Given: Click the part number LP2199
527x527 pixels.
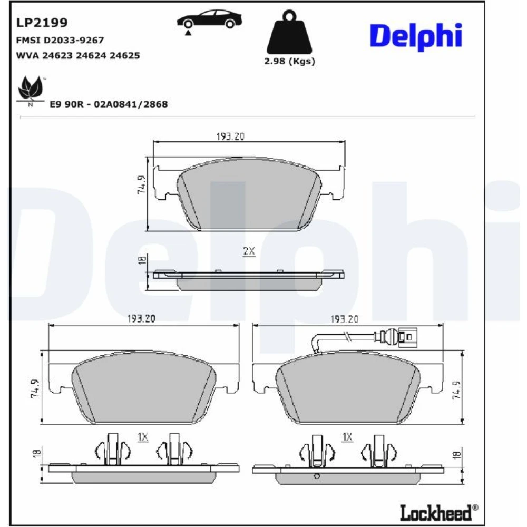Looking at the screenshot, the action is (x=42, y=23).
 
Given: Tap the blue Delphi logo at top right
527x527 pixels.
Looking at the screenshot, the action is (x=416, y=36).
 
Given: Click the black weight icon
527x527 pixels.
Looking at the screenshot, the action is (x=289, y=32).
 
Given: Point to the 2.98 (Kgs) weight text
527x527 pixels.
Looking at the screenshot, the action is (x=289, y=61).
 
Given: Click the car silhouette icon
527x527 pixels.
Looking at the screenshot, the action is (x=209, y=21).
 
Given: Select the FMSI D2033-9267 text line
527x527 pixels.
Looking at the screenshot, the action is (x=60, y=41).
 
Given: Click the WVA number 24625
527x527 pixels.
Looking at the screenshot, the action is (x=125, y=55).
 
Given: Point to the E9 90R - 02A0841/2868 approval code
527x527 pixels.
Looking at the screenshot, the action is (x=109, y=104).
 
